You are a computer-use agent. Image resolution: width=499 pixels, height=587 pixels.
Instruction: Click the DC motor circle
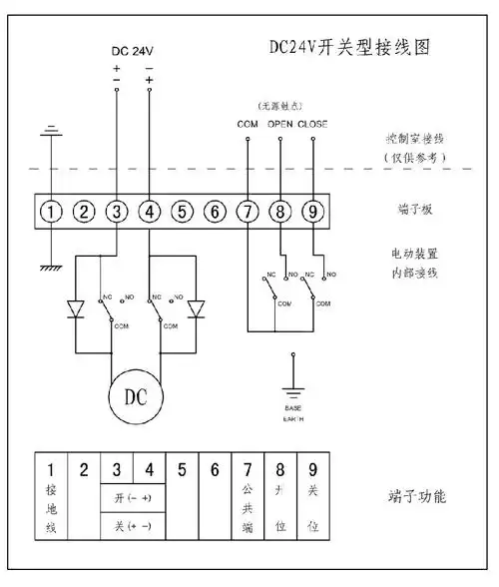click(134, 394)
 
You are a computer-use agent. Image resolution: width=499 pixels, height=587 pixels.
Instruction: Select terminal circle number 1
click(53, 212)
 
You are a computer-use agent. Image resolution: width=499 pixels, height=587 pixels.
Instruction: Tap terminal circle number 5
click(181, 212)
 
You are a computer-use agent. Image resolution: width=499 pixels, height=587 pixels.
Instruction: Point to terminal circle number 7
click(247, 212)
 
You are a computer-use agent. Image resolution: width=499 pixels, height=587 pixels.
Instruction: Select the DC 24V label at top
click(134, 49)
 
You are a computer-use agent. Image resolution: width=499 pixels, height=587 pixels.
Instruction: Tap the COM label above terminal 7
click(247, 124)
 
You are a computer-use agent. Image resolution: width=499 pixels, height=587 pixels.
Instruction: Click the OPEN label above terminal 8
click(280, 124)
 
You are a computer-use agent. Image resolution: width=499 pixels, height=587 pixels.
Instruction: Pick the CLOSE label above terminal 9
click(312, 124)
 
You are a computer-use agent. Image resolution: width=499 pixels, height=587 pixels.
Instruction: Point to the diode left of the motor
click(74, 310)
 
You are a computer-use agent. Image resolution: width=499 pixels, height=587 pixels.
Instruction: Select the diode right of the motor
click(196, 310)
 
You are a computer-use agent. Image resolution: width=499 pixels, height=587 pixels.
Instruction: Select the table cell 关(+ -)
click(132, 524)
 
